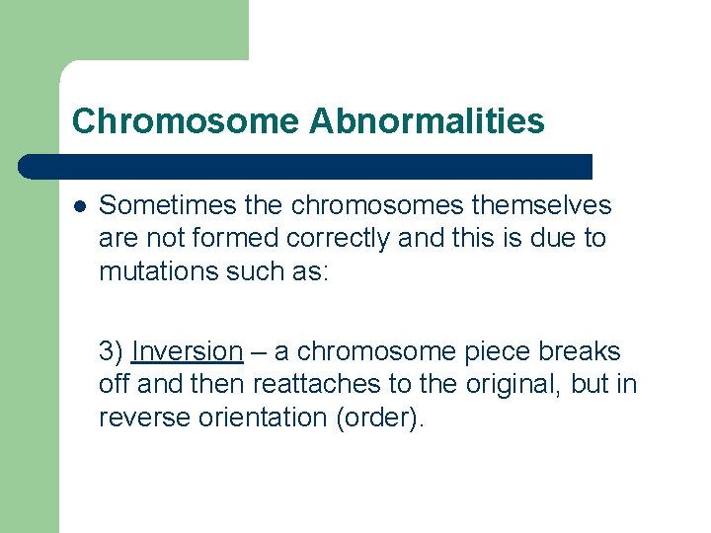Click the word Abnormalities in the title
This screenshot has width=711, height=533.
[x=427, y=121]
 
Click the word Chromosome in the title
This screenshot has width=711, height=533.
[x=186, y=121]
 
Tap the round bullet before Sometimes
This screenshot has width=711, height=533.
[x=79, y=206]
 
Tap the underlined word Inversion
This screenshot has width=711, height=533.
[x=187, y=351]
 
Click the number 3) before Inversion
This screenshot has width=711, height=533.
[x=112, y=351]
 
